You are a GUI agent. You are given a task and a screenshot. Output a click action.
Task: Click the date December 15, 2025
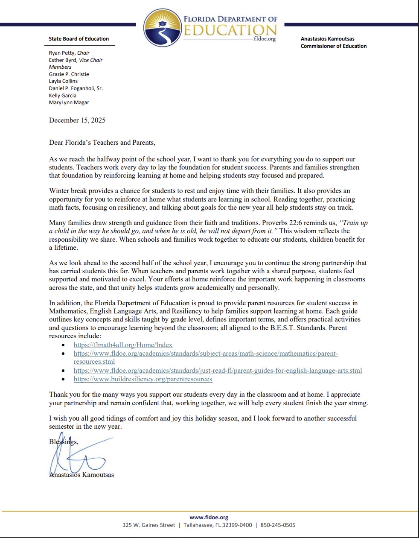coord(77,120)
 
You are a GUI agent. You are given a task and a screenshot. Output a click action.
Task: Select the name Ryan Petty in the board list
coord(61,53)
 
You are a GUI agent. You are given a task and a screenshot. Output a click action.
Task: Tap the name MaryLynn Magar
coord(69,102)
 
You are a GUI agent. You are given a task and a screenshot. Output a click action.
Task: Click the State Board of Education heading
coord(79,39)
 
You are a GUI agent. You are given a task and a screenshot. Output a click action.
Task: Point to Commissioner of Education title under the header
coord(333,46)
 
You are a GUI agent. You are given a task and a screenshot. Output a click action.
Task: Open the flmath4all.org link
coord(123,345)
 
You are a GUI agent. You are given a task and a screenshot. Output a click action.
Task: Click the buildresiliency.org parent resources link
coord(143,379)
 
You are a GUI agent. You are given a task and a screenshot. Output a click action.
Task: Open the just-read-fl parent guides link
coord(218,371)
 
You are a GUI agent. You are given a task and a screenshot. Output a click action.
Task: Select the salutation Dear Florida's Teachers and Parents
coord(102,143)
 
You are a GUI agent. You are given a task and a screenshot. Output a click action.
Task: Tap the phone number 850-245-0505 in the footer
coord(278,525)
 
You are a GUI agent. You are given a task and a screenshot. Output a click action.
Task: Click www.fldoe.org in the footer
coord(209,517)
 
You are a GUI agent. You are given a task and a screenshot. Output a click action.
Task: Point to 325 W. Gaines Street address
coord(148,525)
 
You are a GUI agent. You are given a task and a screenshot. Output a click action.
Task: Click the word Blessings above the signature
coord(64,442)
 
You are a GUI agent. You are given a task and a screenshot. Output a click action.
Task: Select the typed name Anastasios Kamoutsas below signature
coord(81,475)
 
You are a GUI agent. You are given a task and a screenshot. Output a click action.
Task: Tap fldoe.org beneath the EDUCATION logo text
coord(265,39)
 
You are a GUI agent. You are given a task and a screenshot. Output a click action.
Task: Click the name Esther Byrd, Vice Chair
coord(76,60)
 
